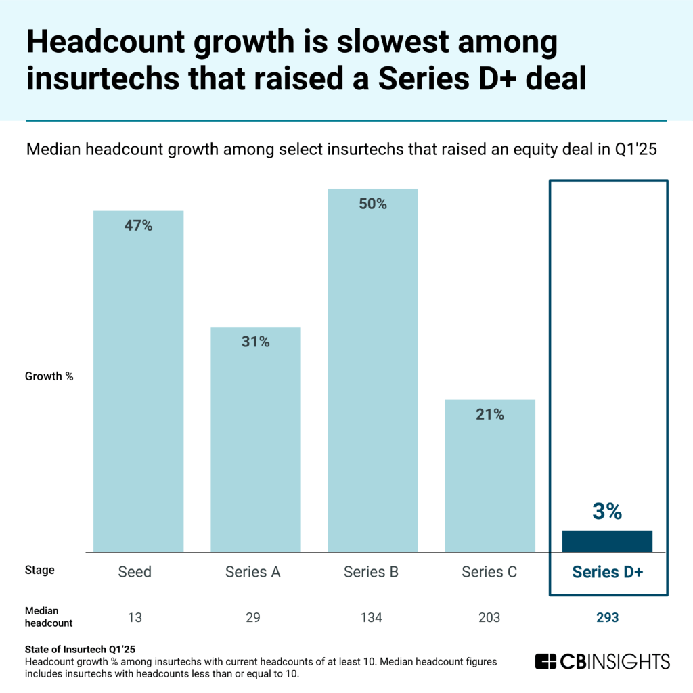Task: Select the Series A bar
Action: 255,439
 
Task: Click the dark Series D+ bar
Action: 607,541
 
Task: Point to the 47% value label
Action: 138,226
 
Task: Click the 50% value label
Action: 372,204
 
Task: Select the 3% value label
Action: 607,511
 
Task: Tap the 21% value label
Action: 489,415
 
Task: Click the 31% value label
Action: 255,342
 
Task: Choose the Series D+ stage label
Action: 607,571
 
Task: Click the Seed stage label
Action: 135,572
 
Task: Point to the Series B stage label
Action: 371,572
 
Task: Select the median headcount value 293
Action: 607,617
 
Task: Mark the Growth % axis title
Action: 49,376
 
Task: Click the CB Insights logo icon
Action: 545,661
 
